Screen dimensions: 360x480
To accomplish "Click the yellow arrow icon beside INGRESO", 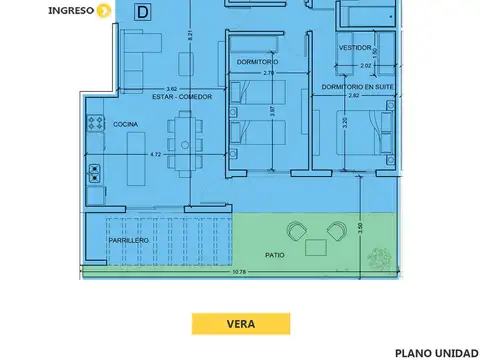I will [104, 11].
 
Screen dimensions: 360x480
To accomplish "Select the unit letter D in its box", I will [145, 12].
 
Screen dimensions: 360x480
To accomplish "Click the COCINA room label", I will [125, 124].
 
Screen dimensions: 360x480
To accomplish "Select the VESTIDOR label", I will [355, 48].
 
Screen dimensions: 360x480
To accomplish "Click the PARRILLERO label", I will [129, 241].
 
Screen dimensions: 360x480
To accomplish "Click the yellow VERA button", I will [240, 323].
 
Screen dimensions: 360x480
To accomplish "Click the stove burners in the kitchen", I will [96, 124].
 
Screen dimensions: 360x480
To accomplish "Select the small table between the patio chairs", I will [316, 243].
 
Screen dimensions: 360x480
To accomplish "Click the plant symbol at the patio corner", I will [380, 258].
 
